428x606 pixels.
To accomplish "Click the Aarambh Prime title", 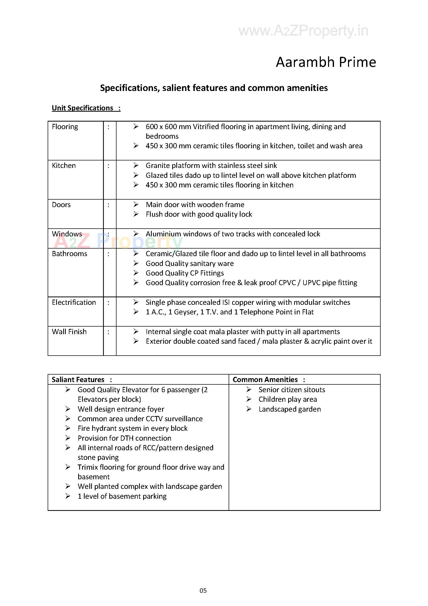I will point(326,62).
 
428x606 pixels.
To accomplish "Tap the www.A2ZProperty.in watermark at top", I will point(303,31).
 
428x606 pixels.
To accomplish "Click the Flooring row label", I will point(65,127).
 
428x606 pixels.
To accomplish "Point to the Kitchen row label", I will point(64,165).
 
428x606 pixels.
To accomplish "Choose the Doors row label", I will point(61,205).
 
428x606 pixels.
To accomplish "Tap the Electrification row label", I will point(74,302).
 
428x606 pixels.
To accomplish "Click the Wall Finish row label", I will point(69,332).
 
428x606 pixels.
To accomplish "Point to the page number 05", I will point(203,590).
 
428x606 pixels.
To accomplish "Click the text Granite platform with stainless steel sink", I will point(211,165).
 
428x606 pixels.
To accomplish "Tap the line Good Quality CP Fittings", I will point(185,273).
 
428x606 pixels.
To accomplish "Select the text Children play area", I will point(288,399).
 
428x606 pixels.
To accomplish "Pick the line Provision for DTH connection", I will point(124,438).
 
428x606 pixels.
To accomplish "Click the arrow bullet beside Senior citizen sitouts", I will point(249,390).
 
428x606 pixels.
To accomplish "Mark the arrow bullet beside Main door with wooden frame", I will point(136,205).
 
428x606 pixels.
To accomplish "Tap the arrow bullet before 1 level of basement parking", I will point(68,496).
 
